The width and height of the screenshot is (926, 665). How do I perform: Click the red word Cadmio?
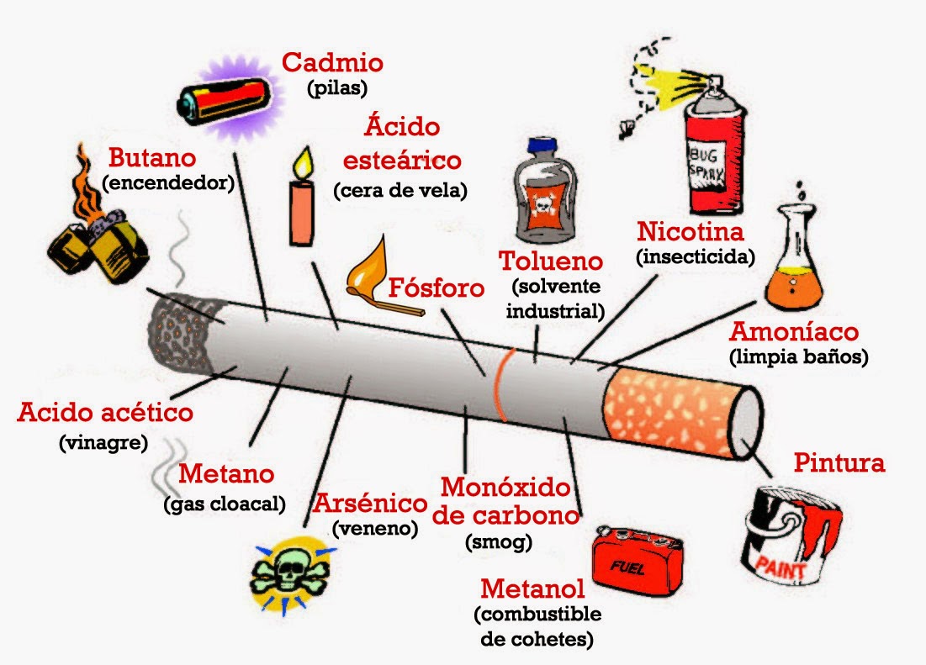332,62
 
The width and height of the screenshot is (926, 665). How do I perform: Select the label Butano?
152,157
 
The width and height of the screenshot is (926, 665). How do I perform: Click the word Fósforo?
437,288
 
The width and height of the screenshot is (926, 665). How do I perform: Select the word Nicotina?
691,230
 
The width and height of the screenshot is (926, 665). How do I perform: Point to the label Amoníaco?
794,330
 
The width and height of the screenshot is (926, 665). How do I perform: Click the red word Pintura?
839,462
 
